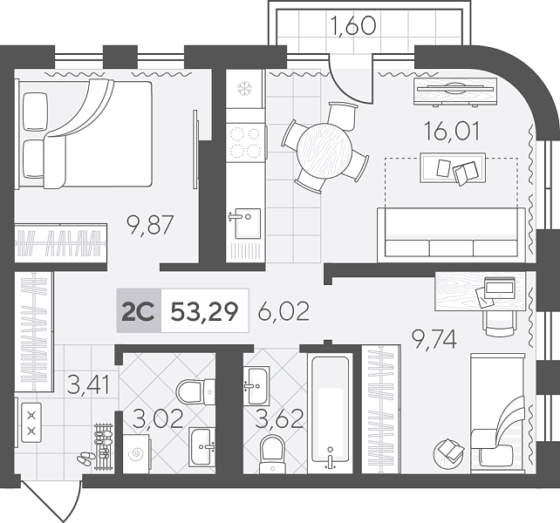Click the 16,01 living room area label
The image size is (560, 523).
tap(452, 132)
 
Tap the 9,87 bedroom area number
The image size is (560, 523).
tap(150, 225)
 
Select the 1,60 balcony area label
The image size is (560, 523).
tap(353, 26)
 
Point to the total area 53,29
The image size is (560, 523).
tap(204, 311)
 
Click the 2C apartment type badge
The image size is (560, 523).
tap(139, 311)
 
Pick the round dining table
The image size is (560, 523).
tap(324, 151)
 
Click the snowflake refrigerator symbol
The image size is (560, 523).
tap(245, 89)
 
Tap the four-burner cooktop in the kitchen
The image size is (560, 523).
tap(245, 143)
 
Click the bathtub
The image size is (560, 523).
tap(330, 409)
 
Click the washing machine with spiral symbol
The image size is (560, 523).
tap(136, 454)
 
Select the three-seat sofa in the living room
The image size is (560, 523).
tap(452, 233)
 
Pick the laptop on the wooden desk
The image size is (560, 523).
tap(499, 288)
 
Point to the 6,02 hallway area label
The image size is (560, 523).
tap(283, 311)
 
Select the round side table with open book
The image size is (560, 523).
tap(448, 451)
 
